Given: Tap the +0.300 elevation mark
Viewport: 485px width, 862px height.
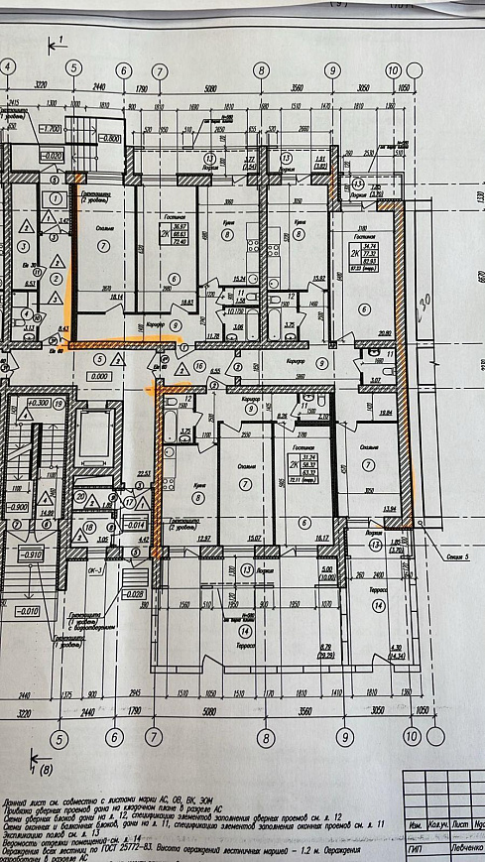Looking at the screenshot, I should (39, 405).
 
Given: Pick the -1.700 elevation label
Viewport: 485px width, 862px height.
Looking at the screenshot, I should (48, 130).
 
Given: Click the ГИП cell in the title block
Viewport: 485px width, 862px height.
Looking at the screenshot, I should (418, 850).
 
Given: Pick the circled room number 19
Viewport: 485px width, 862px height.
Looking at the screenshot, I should (60, 405).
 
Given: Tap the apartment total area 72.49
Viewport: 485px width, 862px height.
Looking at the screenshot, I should (154, 242).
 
